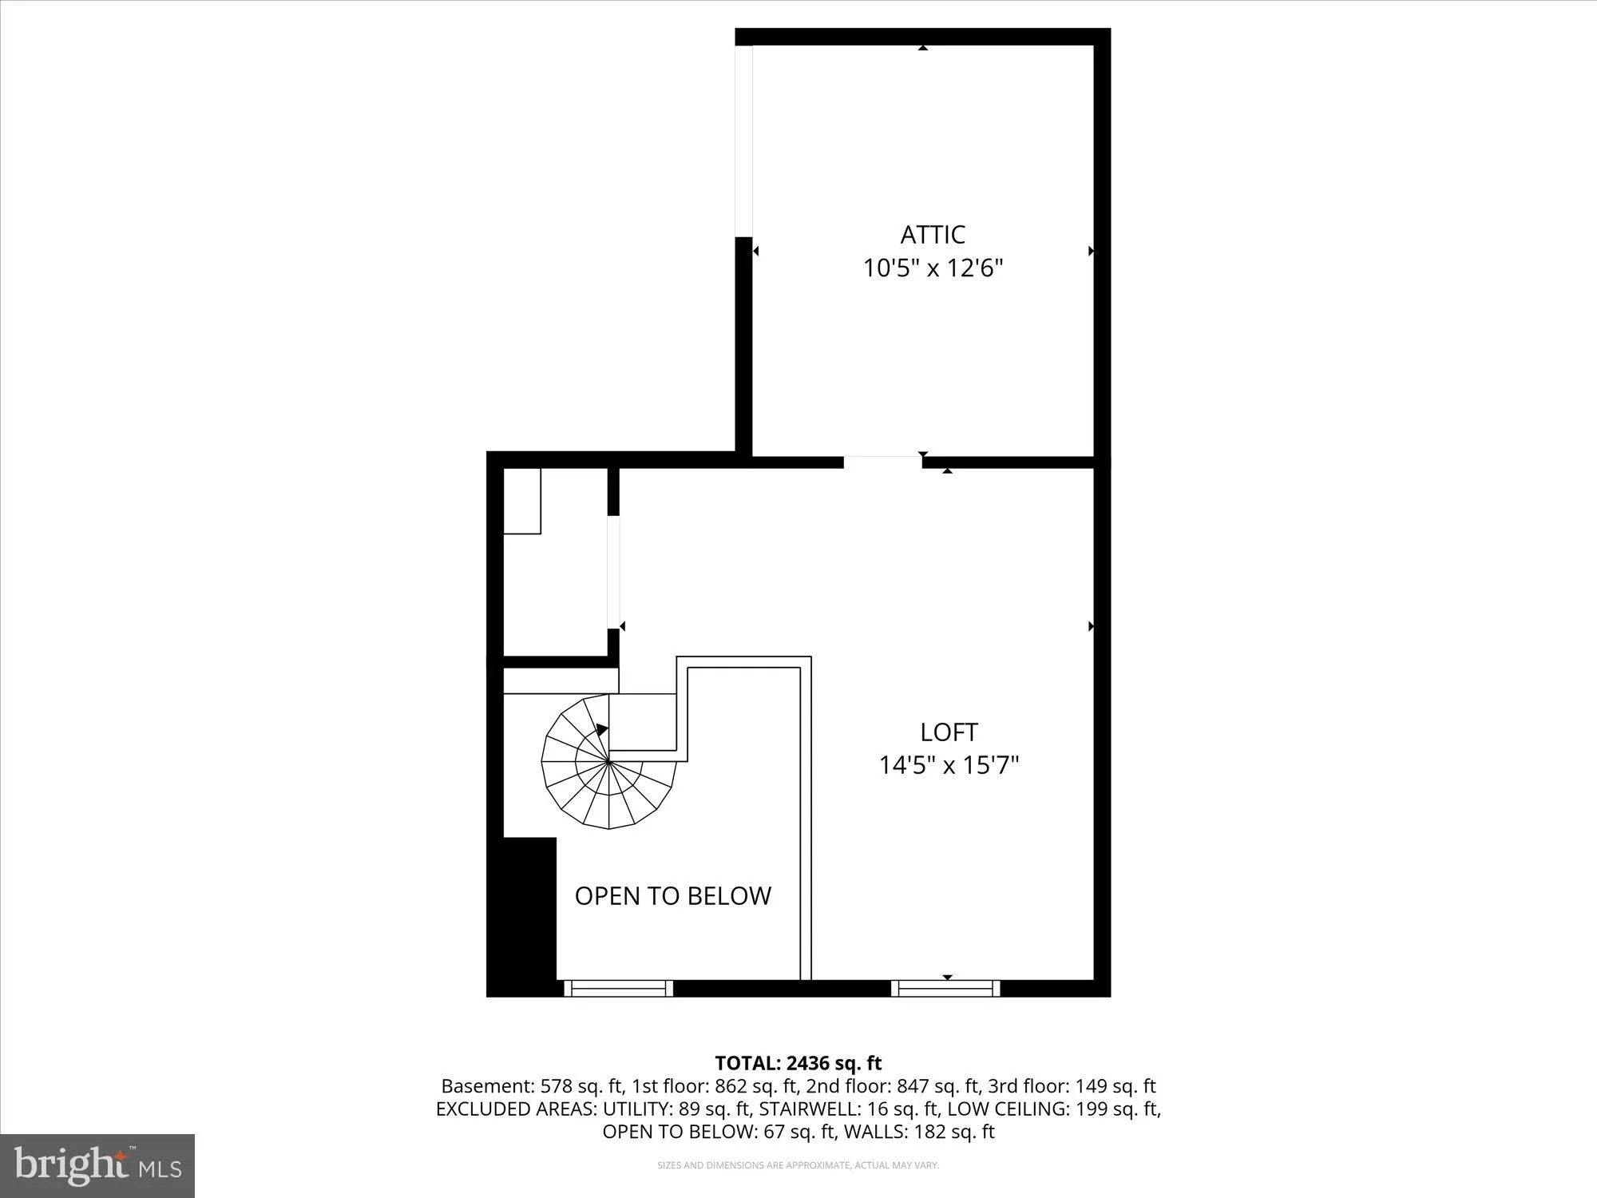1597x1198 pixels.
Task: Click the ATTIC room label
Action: [x=933, y=235]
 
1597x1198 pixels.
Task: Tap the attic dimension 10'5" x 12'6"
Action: [x=933, y=268]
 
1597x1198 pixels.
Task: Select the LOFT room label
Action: [x=949, y=732]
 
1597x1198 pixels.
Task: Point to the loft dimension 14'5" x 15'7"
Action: [x=949, y=766]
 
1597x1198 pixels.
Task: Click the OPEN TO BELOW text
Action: [x=673, y=896]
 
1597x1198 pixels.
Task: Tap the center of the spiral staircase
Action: [x=609, y=761]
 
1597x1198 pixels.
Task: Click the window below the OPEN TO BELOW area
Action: [x=619, y=988]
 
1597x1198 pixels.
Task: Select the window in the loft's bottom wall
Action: [x=945, y=988]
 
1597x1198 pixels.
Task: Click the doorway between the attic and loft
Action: [x=882, y=462]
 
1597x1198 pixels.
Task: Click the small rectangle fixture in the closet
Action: [x=522, y=501]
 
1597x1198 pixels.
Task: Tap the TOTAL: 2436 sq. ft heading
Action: [x=798, y=1063]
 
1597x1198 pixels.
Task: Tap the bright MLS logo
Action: [x=97, y=1166]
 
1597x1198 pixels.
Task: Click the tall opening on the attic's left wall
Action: [x=743, y=141]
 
